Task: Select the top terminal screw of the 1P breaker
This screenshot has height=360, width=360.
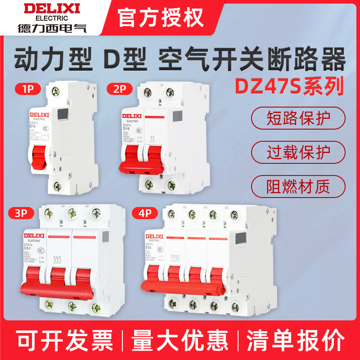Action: (57, 92)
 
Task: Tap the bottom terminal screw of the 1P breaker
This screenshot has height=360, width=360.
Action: (57, 184)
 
